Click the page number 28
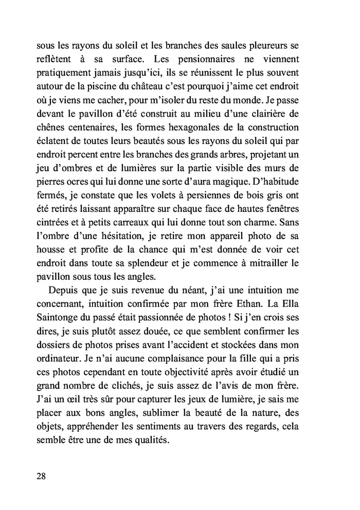[x=42, y=475]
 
